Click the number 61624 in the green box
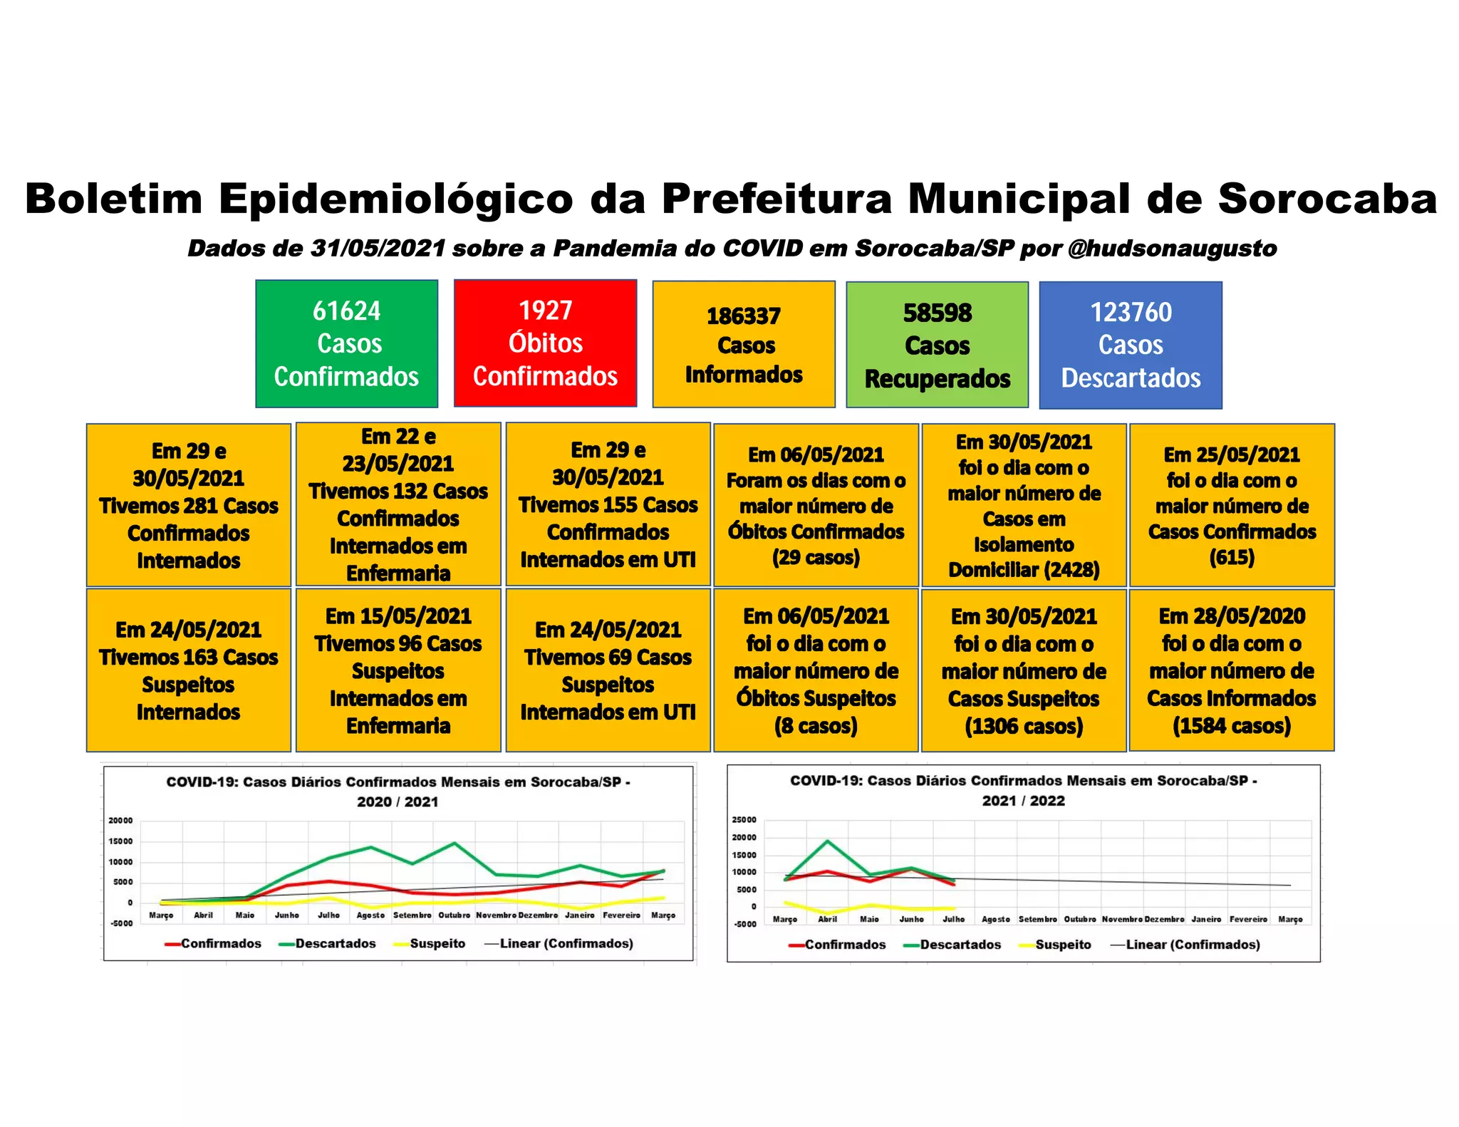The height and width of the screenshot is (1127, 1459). click(346, 311)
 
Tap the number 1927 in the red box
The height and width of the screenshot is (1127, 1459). click(545, 311)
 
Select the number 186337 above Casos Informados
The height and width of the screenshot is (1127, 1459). click(743, 316)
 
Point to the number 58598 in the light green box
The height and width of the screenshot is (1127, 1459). click(937, 313)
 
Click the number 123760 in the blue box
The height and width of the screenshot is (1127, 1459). click(1131, 312)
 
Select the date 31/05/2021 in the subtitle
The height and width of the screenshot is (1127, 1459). click(378, 249)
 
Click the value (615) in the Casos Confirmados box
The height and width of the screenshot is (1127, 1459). click(1231, 557)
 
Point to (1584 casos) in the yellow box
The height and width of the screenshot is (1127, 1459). click(1231, 726)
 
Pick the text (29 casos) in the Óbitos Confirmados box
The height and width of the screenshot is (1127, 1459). click(816, 557)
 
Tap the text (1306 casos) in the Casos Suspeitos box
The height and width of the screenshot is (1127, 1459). click(1024, 727)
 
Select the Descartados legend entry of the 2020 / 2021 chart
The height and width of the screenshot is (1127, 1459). click(335, 943)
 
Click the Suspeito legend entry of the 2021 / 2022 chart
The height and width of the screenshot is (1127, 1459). click(1063, 945)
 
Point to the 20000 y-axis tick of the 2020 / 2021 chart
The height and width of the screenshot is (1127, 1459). click(120, 821)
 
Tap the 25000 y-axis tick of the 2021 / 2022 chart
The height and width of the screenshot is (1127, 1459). click(744, 820)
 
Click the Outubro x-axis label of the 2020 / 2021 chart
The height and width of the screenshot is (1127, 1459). click(455, 915)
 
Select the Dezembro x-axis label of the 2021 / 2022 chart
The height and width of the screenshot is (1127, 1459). click(1164, 920)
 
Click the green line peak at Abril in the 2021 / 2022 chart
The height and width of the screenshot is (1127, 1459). click(827, 841)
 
